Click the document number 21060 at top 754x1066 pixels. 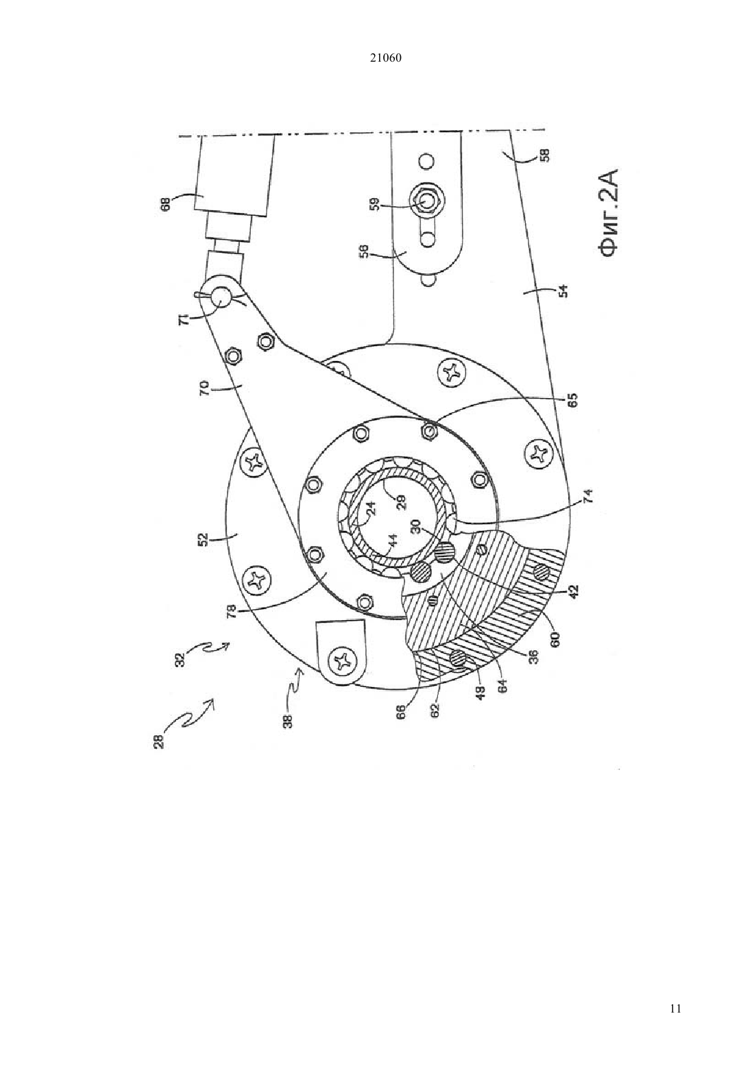click(x=385, y=58)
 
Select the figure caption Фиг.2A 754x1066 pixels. click(x=612, y=214)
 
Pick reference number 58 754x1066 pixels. click(x=544, y=156)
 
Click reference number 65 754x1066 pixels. click(x=572, y=399)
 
